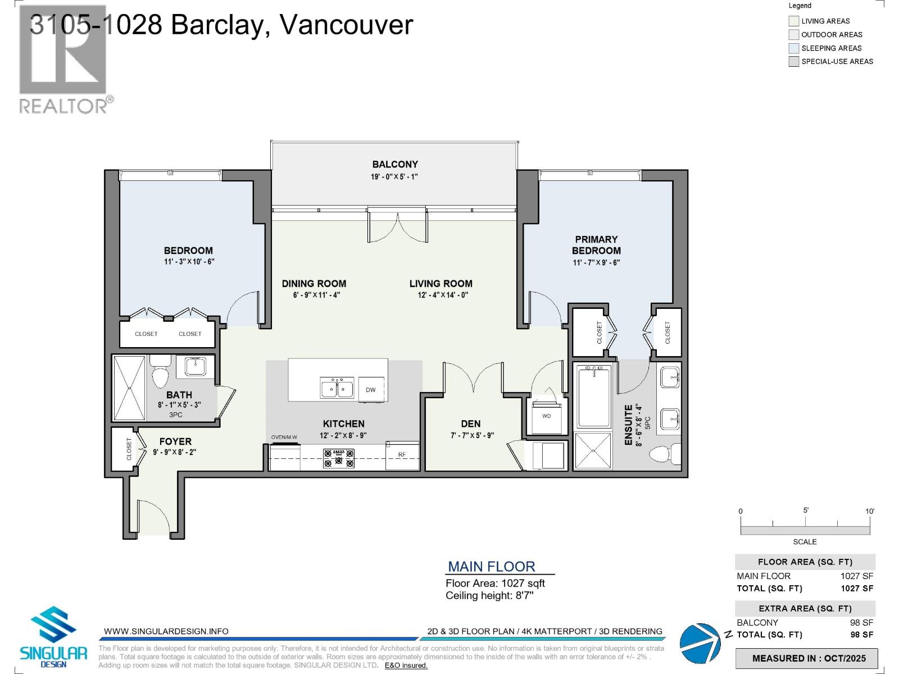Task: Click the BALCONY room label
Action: tap(395, 165)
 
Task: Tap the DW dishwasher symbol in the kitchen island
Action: tap(371, 389)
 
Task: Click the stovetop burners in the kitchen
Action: tap(339, 458)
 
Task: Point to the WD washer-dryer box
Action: tap(546, 416)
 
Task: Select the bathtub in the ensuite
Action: tap(594, 396)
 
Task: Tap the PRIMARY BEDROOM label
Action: tap(596, 245)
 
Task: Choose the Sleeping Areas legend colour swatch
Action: tap(793, 48)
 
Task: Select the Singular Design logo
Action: tap(53, 636)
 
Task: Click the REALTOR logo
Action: tap(63, 59)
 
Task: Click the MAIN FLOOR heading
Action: tap(491, 567)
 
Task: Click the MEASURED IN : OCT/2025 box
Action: tap(809, 658)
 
